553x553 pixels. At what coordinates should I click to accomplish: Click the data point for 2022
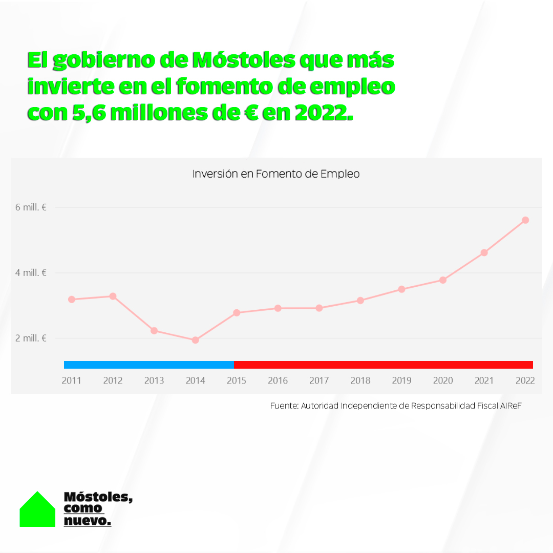[x=525, y=220]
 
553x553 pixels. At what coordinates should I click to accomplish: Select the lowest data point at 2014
[x=195, y=340]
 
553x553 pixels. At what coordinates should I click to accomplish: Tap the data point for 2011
[x=72, y=299]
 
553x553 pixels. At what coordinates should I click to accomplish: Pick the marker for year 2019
[x=401, y=289]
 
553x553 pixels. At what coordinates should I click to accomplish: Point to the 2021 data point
[x=484, y=252]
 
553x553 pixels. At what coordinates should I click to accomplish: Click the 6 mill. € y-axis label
[x=31, y=207]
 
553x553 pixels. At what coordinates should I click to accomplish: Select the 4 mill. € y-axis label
[x=31, y=273]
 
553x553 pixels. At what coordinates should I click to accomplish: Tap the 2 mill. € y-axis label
[x=31, y=338]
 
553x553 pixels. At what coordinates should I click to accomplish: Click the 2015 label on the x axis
[x=237, y=380]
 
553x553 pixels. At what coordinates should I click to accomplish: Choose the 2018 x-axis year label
[x=360, y=380]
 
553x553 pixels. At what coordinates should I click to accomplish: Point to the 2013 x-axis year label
[x=154, y=380]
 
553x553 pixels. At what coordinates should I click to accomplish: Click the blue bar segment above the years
[x=148, y=365]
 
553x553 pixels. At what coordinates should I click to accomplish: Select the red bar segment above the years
[x=383, y=365]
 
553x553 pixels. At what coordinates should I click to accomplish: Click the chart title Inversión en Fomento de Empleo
[x=276, y=174]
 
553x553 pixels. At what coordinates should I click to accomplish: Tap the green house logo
[x=37, y=511]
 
